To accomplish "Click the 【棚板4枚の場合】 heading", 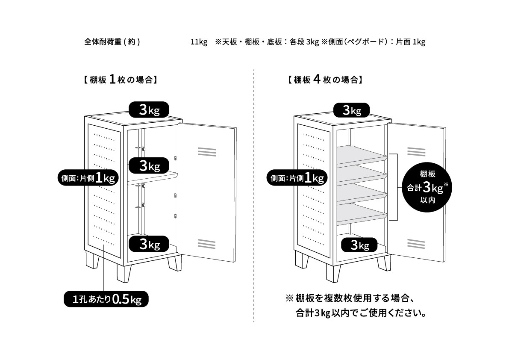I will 325,80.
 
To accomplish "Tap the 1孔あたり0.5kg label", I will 106,299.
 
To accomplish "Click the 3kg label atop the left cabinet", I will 149,110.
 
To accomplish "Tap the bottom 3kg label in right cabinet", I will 359,245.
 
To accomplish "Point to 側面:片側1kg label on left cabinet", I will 87,178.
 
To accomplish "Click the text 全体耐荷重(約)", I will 112,42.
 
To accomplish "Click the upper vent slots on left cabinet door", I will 207,152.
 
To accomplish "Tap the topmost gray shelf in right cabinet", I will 361,154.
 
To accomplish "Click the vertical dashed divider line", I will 254,192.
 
